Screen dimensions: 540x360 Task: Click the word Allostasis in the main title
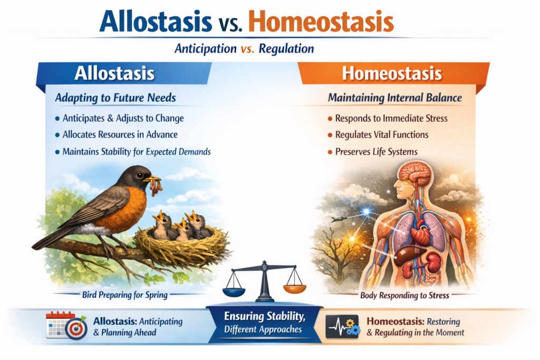coord(156,21)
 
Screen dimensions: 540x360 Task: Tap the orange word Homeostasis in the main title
coord(321,21)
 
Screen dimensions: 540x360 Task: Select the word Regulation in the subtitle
coord(286,49)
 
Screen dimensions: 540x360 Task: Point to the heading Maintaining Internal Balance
coord(394,98)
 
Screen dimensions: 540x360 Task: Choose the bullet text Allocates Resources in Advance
coord(120,134)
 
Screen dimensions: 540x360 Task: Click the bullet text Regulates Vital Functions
coord(382,134)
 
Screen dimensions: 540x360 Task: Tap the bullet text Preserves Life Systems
coord(376,152)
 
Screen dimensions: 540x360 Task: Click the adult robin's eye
coord(139,175)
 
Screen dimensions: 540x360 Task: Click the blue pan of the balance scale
coord(234,292)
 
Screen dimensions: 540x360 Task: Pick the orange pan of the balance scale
coord(294,288)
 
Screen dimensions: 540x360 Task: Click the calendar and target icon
coord(66,325)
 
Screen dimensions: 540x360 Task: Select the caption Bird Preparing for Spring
coord(124,295)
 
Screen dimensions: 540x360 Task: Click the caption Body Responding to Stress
coord(404,295)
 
